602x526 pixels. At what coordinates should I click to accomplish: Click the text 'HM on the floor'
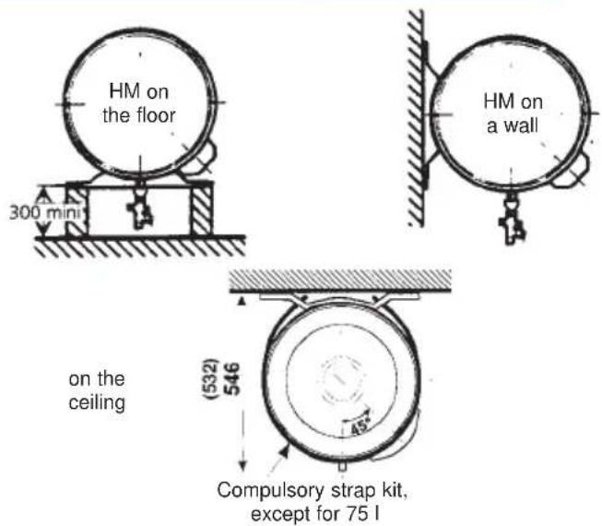pyautogui.click(x=137, y=104)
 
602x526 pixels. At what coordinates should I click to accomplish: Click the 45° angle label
pyautogui.click(x=354, y=426)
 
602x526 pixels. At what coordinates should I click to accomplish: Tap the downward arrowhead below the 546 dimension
pyautogui.click(x=242, y=464)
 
